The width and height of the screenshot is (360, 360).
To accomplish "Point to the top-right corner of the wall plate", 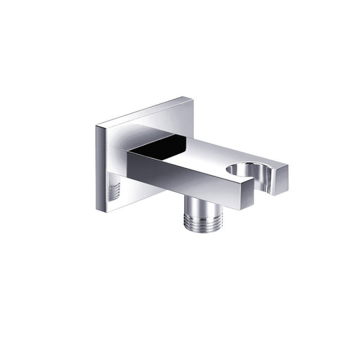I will pos(193,98).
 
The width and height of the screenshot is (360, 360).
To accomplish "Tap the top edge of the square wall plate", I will pos(144,112).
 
